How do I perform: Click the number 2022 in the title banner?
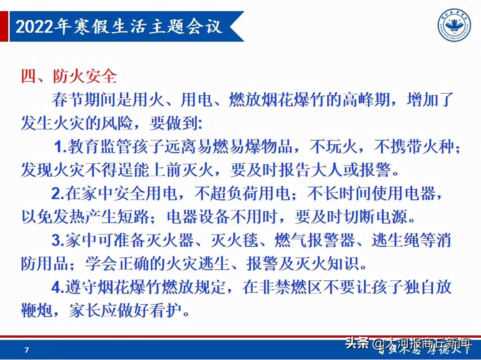tap(35, 27)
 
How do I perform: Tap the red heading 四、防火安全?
tap(69, 76)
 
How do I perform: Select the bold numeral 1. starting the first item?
tap(60, 147)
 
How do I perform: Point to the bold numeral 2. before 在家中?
tap(58, 193)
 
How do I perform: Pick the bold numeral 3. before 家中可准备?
tap(58, 240)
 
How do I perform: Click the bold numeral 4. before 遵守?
tap(58, 287)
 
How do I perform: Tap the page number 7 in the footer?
tap(26, 350)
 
